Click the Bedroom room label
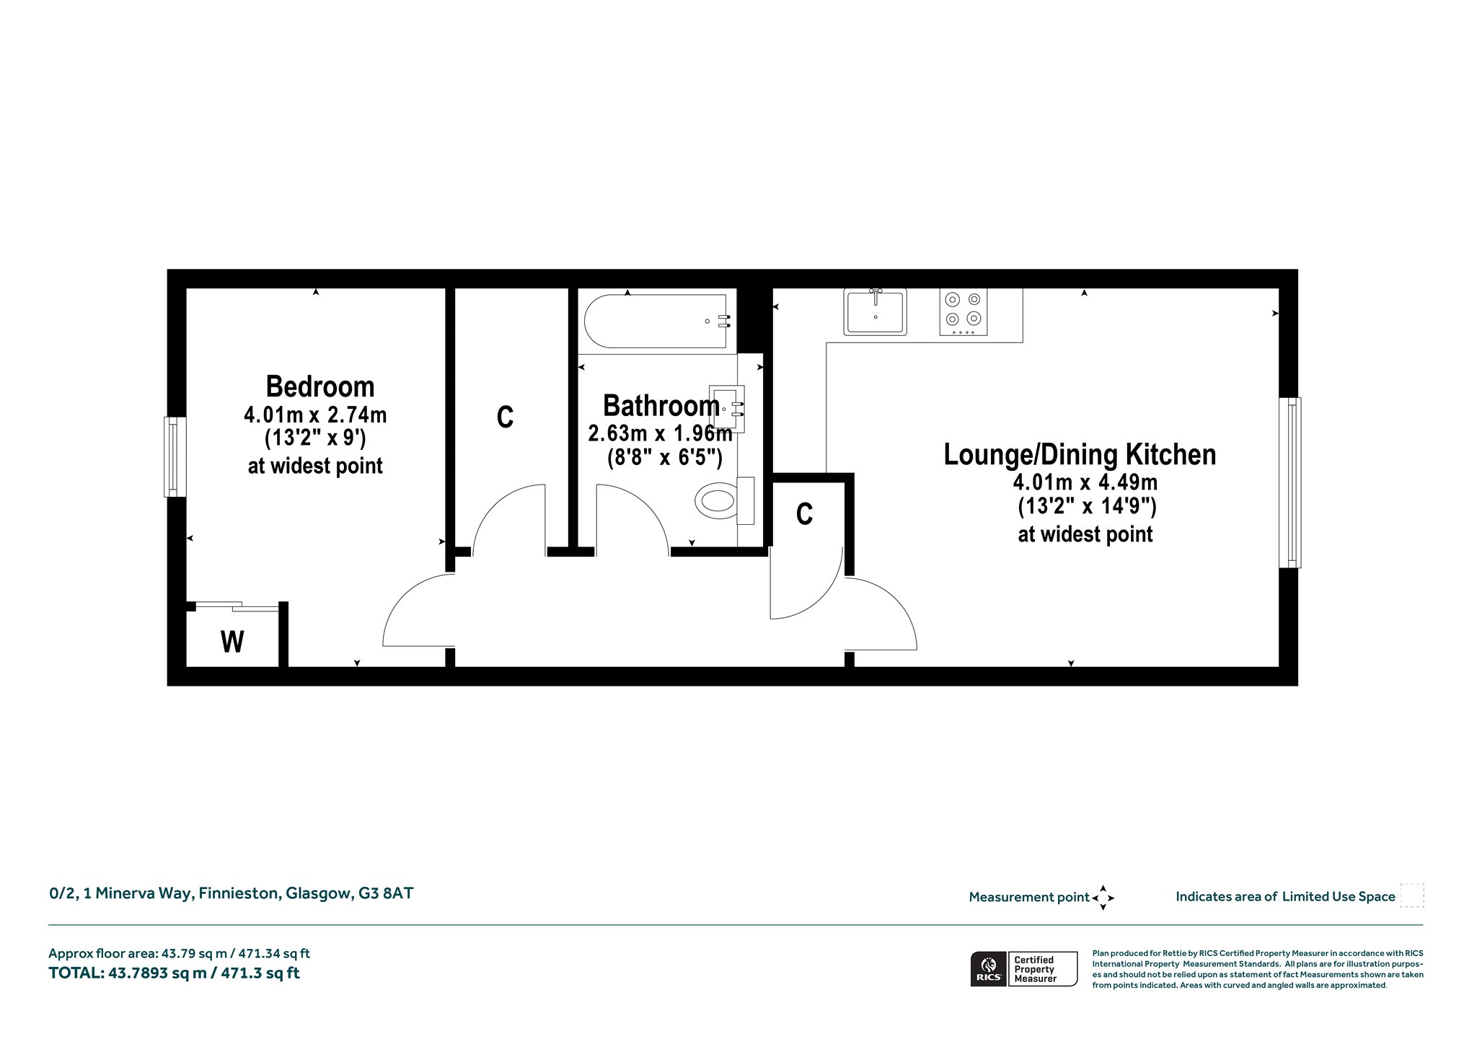click(x=320, y=387)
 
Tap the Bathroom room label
click(x=661, y=406)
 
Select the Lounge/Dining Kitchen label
click(x=1080, y=455)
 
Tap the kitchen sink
click(x=876, y=311)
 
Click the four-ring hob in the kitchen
click(x=964, y=312)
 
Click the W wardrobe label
click(x=232, y=642)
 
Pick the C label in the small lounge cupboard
click(x=804, y=514)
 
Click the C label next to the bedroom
click(x=505, y=417)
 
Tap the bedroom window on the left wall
click(x=175, y=456)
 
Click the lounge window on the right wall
click(x=1290, y=482)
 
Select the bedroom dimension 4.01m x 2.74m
click(x=316, y=415)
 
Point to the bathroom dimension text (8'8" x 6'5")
click(x=664, y=458)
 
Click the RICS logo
click(x=987, y=969)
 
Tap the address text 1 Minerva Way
click(x=138, y=893)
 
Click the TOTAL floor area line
click(x=174, y=973)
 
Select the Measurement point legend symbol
click(x=1103, y=898)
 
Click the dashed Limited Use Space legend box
click(x=1412, y=895)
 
